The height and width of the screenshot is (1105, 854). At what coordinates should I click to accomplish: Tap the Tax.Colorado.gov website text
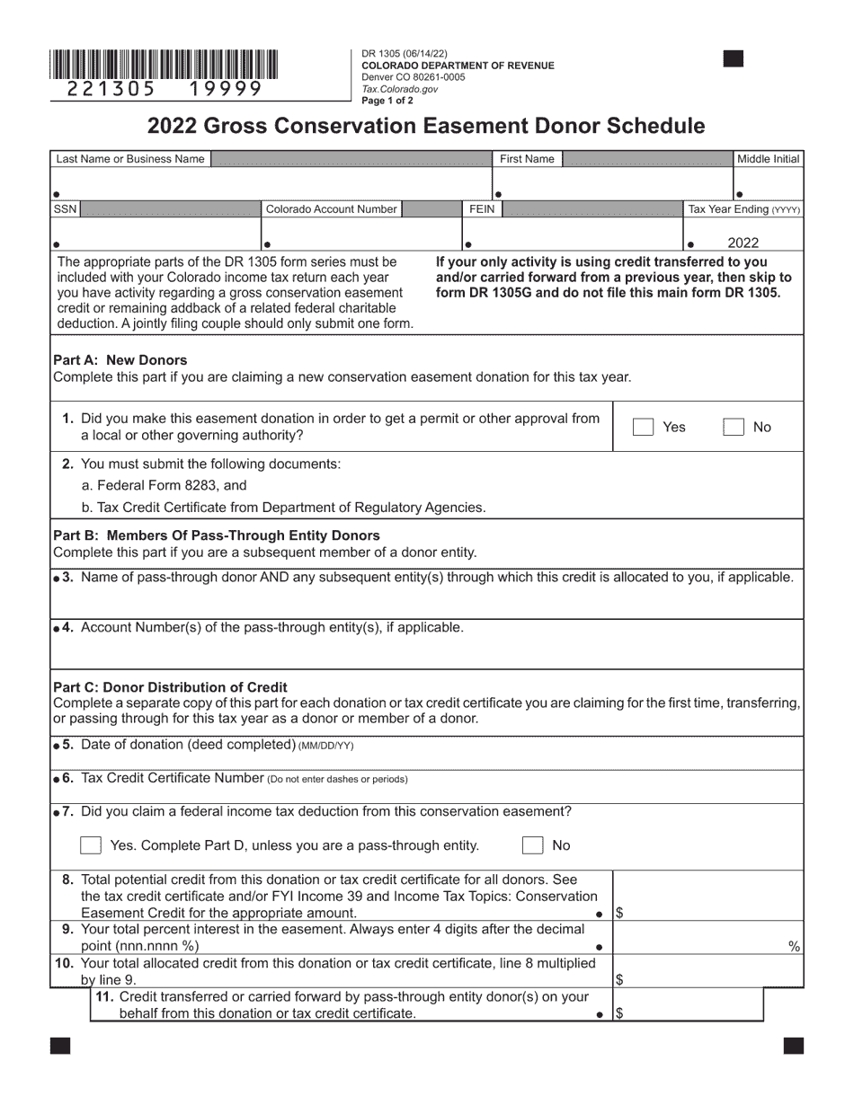tap(399, 89)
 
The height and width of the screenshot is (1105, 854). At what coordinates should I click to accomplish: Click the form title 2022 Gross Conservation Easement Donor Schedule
tap(426, 126)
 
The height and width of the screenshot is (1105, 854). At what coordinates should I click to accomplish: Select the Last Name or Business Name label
tap(129, 159)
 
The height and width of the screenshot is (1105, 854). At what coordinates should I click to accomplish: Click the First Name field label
tap(527, 159)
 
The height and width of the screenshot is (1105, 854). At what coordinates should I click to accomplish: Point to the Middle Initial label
tap(768, 159)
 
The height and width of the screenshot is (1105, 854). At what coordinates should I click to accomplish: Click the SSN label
tap(66, 209)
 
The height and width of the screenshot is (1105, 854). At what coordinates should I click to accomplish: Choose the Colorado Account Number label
tap(331, 209)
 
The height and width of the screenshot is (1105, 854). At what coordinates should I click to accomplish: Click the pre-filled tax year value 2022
tap(743, 243)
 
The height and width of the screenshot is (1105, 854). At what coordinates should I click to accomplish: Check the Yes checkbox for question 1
tap(643, 428)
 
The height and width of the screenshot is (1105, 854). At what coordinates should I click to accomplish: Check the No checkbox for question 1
tap(734, 428)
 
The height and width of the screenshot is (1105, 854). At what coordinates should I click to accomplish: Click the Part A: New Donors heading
tap(120, 360)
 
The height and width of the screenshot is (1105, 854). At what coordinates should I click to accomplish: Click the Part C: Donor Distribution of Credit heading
tap(171, 687)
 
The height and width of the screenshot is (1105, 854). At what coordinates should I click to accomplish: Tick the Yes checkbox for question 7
tap(91, 845)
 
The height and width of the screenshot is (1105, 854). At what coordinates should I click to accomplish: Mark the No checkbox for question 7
tap(533, 845)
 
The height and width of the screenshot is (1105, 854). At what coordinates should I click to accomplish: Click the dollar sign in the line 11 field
tap(619, 1013)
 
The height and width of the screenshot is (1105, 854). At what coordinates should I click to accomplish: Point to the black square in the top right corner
tap(734, 59)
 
